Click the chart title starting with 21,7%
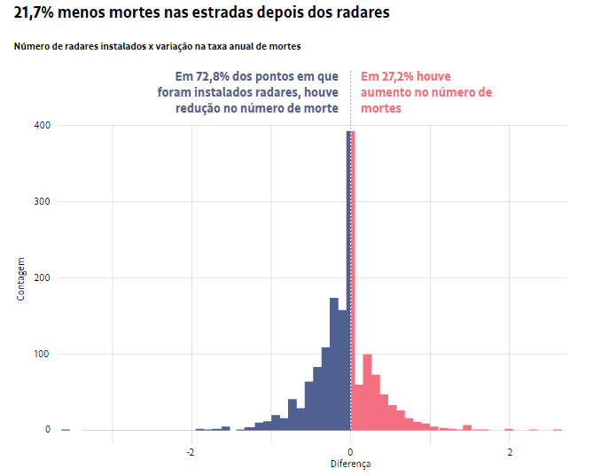click(201, 14)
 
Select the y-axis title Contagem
click(20, 278)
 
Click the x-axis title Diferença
click(351, 464)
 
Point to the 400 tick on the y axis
click(42, 126)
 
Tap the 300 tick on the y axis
click(42, 202)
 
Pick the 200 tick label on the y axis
click(42, 278)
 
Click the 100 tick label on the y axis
click(42, 355)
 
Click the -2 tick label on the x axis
click(191, 452)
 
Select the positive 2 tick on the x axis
click(510, 452)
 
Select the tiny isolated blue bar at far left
click(65, 429)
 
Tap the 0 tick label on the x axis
click(351, 452)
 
